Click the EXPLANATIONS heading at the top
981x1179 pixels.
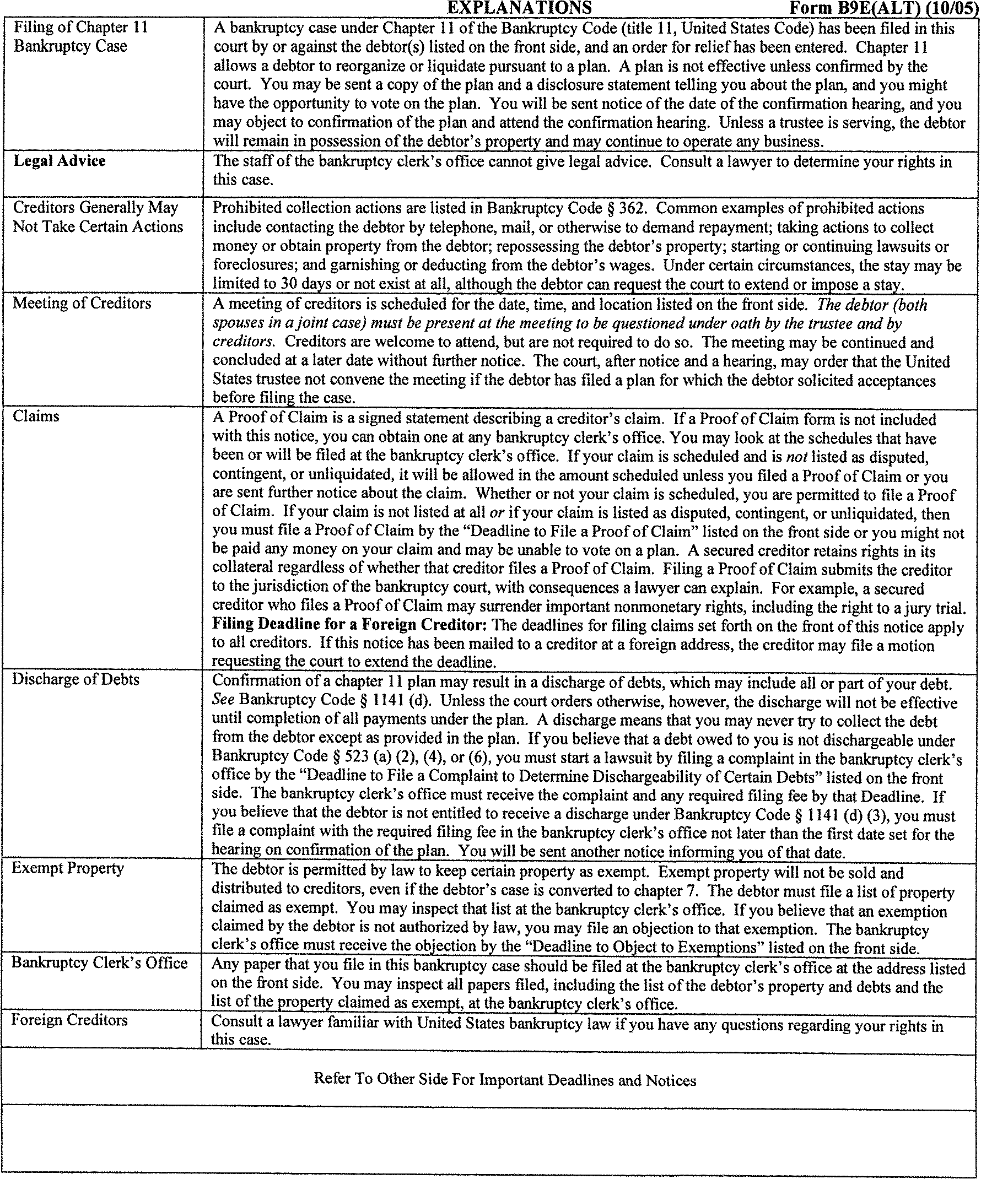[519, 7]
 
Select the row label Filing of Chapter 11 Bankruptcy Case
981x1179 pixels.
[80, 36]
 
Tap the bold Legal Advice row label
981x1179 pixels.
[60, 161]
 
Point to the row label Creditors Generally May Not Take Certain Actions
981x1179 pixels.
[98, 217]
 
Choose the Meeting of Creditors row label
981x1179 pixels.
[82, 304]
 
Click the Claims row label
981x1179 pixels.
[36, 417]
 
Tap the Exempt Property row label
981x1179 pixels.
[68, 868]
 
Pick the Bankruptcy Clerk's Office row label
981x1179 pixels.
[99, 963]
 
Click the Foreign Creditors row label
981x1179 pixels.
[69, 1020]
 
